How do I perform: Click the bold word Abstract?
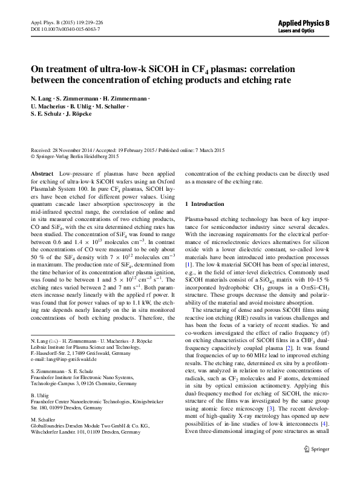(41, 173)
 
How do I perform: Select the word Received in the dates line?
(42, 149)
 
